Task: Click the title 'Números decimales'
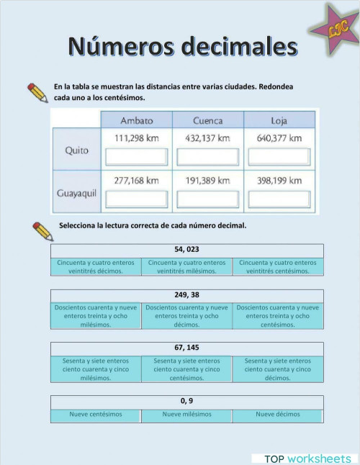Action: pos(182,46)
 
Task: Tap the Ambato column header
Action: pos(136,120)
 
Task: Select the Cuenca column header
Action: pos(207,120)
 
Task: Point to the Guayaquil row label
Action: pos(77,193)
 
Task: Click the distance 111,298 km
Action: pos(136,137)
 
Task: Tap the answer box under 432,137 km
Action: pos(207,156)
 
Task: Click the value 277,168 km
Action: pos(136,181)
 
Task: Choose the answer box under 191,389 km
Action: pos(207,199)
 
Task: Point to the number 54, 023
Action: pos(186,250)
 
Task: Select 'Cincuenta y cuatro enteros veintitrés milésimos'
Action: pos(186,267)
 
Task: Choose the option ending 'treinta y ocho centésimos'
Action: pos(277,316)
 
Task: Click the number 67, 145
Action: pos(186,348)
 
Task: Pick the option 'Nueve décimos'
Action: pos(277,415)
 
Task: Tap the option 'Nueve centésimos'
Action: pos(96,415)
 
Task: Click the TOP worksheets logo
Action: pos(307,459)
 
